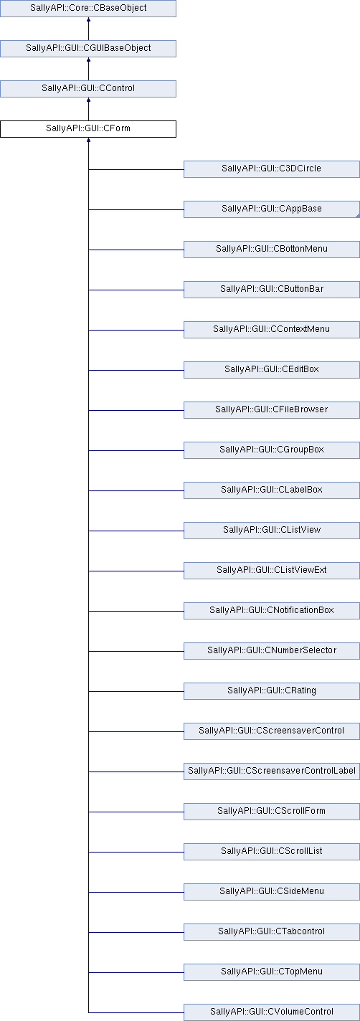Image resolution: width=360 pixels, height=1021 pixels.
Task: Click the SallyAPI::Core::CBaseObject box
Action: click(x=88, y=8)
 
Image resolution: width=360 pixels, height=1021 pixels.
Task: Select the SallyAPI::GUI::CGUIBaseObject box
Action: click(x=88, y=48)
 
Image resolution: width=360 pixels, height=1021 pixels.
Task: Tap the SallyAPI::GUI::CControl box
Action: click(x=88, y=88)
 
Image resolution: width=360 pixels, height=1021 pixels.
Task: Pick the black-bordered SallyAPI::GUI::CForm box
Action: click(x=88, y=128)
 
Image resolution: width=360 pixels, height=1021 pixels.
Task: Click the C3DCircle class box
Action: click(x=272, y=168)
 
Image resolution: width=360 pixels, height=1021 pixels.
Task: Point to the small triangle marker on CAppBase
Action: click(x=357, y=215)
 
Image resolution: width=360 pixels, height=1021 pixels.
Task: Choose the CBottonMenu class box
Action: click(x=272, y=249)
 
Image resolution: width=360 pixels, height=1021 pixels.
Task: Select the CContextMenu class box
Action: click(x=272, y=329)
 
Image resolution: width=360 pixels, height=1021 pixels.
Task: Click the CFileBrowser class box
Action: click(x=272, y=409)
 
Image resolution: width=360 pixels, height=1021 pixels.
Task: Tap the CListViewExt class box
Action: click(x=272, y=570)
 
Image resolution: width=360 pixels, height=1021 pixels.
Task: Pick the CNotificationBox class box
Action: click(x=272, y=610)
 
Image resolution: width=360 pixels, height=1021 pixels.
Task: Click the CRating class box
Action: click(x=272, y=690)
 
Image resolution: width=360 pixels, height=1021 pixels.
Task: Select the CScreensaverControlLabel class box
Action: click(x=272, y=770)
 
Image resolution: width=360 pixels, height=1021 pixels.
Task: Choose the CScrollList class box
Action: click(x=272, y=850)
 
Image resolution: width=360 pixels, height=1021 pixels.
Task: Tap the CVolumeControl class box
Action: click(x=272, y=1012)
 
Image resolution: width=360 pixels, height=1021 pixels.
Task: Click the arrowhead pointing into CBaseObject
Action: click(x=88, y=19)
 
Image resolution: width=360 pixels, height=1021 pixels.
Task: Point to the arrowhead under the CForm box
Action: click(x=88, y=140)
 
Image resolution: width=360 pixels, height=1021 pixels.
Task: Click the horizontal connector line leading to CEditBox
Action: click(x=136, y=370)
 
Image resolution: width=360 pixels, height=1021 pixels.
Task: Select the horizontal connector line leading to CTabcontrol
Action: click(x=136, y=931)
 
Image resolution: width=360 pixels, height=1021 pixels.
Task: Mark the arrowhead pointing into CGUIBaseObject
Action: click(x=88, y=60)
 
